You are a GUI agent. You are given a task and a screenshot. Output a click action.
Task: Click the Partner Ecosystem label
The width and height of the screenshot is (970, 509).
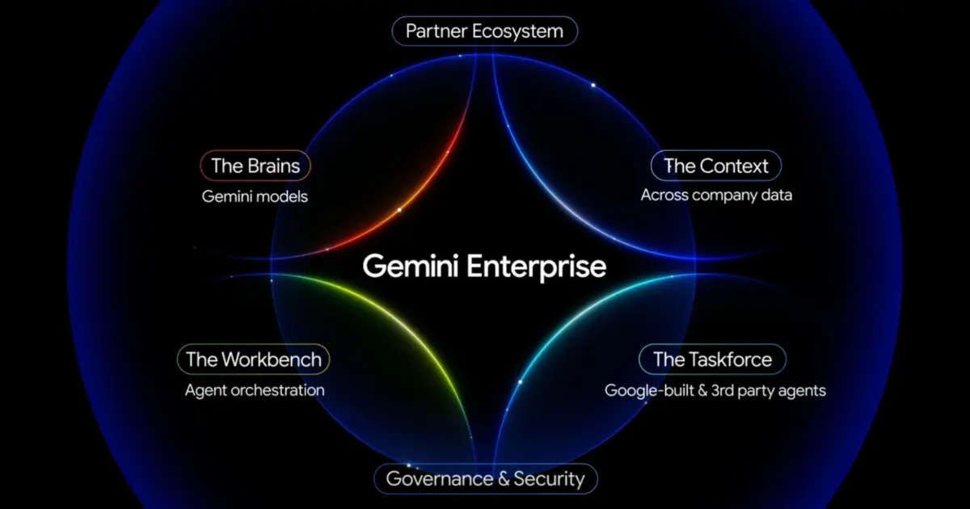click(x=484, y=32)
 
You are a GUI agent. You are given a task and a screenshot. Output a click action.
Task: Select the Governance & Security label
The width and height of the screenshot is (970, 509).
click(x=485, y=478)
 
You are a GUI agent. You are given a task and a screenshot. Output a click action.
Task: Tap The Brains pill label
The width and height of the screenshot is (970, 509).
click(x=255, y=166)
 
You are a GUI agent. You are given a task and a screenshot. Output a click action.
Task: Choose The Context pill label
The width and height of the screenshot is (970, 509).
click(x=716, y=166)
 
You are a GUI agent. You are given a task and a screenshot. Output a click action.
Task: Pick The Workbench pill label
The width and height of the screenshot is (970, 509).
click(x=254, y=359)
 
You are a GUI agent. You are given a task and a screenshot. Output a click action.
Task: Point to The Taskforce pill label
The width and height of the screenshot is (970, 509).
click(x=712, y=359)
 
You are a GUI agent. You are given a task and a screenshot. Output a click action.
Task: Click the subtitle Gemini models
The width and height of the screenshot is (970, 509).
click(x=255, y=196)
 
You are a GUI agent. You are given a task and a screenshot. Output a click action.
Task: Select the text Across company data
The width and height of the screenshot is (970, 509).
click(x=716, y=195)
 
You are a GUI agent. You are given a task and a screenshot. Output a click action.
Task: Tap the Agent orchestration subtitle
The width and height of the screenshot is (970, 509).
click(x=255, y=390)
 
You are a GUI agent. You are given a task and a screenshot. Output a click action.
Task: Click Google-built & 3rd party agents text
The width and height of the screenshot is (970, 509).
click(x=715, y=390)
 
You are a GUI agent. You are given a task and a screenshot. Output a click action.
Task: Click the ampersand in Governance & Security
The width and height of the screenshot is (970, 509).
click(x=502, y=478)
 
